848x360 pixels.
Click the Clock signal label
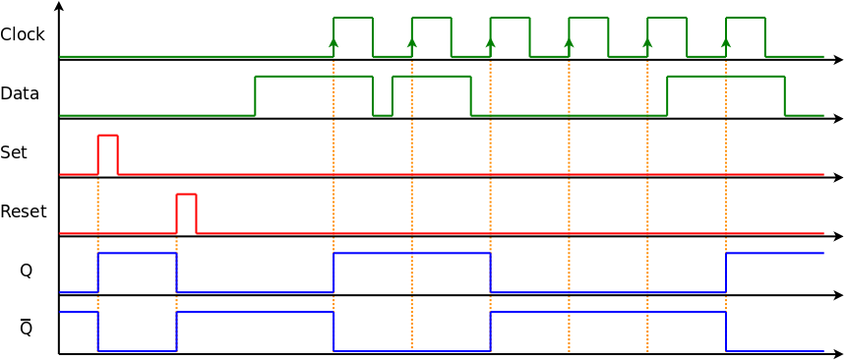tap(23, 34)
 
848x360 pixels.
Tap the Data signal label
tap(20, 93)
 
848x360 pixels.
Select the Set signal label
tap(14, 152)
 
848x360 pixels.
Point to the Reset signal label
tap(24, 211)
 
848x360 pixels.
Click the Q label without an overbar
tap(27, 270)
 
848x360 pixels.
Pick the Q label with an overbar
tap(27, 329)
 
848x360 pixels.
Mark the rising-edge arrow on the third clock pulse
tap(491, 42)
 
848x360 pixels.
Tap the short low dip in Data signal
tap(383, 113)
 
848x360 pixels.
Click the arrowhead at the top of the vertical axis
tap(59, 6)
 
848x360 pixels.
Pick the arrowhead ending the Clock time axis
tap(838, 60)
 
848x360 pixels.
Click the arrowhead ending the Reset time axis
tap(838, 236)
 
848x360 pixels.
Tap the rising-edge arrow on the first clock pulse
tap(333, 42)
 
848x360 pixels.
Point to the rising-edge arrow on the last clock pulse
tap(726, 42)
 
